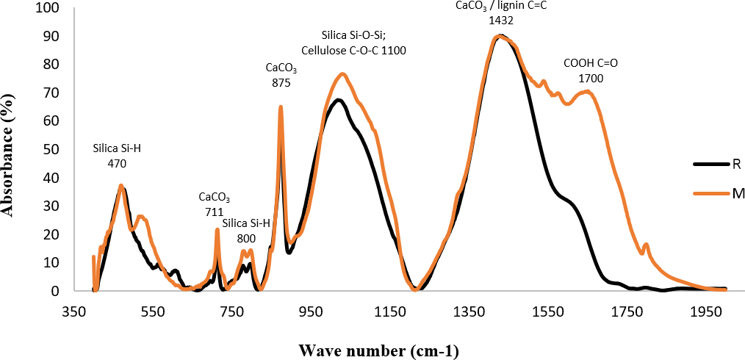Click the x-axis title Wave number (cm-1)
[378, 350]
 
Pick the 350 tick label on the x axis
[73, 311]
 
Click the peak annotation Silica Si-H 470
[117, 155]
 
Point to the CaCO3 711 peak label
[214, 205]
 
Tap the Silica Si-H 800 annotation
[246, 231]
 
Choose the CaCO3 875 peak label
[281, 76]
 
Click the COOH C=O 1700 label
[590, 69]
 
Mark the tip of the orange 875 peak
[281, 107]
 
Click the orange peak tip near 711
[217, 229]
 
